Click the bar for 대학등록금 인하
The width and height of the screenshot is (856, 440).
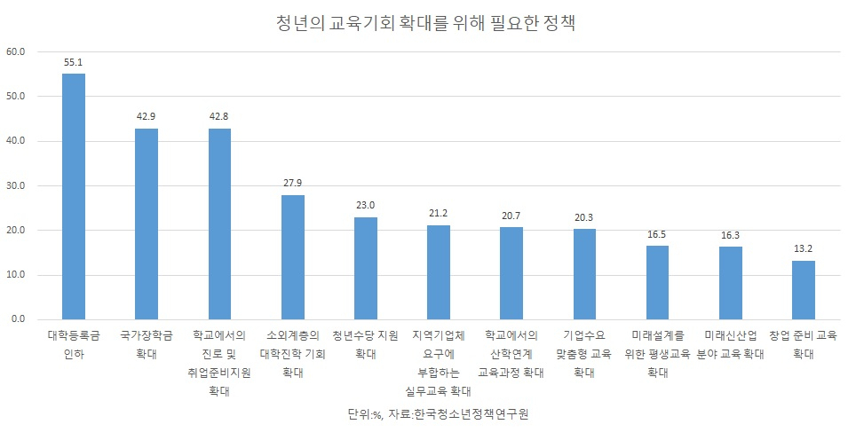pos(73,196)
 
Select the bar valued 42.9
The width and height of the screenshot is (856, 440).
pos(147,224)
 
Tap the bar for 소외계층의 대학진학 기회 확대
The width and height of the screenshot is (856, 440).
pos(293,257)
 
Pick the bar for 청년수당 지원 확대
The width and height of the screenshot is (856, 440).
pos(365,268)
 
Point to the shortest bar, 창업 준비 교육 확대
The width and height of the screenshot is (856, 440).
pos(804,290)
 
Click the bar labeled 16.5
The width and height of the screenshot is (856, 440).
pos(657,282)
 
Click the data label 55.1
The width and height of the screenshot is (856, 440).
pos(73,63)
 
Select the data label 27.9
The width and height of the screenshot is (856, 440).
pos(293,184)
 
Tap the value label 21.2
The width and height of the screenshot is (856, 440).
pos(439,213)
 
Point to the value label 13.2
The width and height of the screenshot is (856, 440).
pos(804,248)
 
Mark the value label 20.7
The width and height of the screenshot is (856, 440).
pos(511,216)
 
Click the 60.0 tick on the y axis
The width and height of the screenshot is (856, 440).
pos(16,51)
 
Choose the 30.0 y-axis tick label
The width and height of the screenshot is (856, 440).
pos(16,186)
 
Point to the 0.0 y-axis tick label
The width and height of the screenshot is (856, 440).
pos(18,319)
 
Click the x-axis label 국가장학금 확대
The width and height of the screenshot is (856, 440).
pos(147,344)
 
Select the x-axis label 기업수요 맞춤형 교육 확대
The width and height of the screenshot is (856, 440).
pos(584,354)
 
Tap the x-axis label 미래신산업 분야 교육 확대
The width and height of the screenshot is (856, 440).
pos(731,344)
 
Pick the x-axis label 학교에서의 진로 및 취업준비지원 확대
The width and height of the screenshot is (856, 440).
pos(219,363)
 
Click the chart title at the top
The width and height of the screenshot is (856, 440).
pos(426,23)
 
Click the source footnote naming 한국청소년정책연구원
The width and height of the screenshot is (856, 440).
pos(439,413)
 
